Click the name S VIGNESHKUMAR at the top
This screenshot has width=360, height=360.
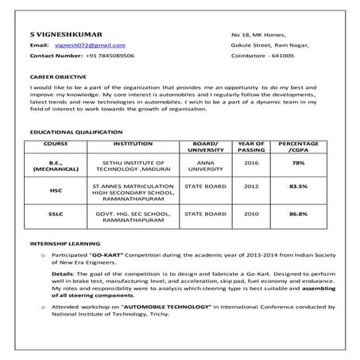pos(64,35)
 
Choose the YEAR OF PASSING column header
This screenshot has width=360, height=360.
pos(251,147)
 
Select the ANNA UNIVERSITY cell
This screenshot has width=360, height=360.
pos(205,166)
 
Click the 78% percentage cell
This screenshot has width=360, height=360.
pos(298,162)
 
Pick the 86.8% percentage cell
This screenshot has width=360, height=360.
pos(298,214)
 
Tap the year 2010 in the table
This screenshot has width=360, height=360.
pos(251,214)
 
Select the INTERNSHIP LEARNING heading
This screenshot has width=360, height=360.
pos(64,243)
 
